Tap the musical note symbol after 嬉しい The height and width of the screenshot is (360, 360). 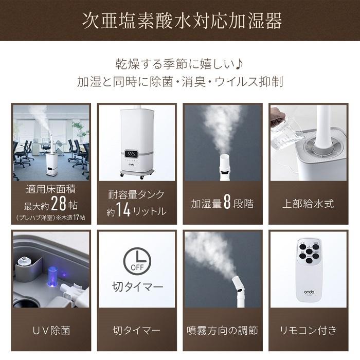[240, 65]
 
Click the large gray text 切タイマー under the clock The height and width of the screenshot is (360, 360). [137, 285]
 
